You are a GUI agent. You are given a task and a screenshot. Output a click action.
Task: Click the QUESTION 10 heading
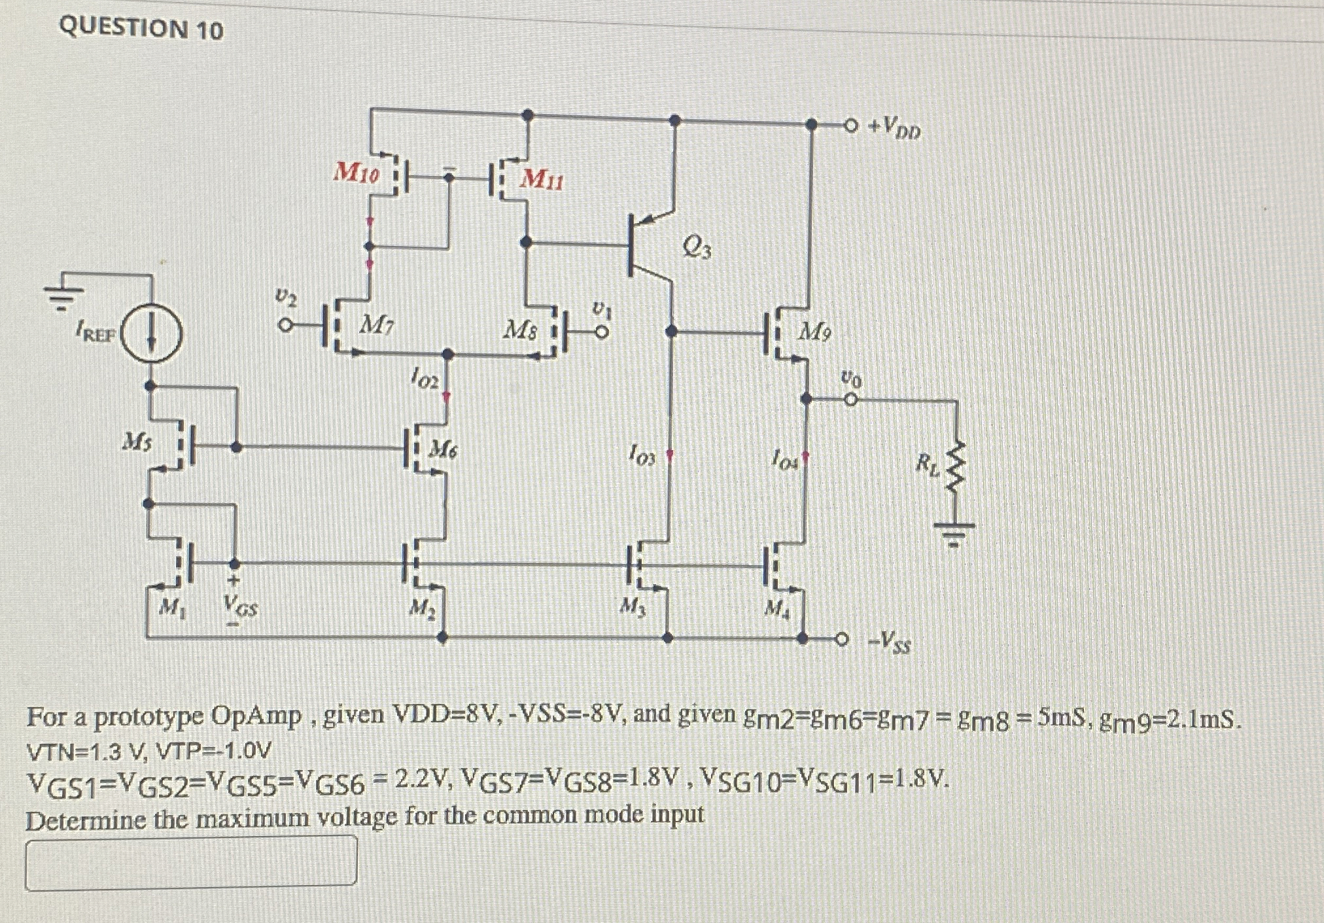coord(141,29)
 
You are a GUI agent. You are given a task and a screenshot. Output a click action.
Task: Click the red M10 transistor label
coord(356,173)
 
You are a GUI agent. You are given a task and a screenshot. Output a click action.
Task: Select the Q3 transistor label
coord(697,247)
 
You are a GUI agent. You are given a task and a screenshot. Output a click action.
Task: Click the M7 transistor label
coord(377,323)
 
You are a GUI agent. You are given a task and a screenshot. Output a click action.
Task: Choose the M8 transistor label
coord(520,330)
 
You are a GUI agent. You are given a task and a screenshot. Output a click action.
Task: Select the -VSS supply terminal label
coord(888,642)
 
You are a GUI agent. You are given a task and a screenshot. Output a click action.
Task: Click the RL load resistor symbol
coord(956,466)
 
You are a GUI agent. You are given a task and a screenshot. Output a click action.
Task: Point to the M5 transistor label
coord(138,443)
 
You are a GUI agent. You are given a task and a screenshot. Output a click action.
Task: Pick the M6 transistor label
coord(443,449)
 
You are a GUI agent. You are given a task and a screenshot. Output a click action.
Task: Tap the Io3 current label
coord(641,453)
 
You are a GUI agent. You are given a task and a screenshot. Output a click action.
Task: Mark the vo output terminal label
coord(851,379)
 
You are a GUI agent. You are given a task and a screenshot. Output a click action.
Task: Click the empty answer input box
coord(191,863)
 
